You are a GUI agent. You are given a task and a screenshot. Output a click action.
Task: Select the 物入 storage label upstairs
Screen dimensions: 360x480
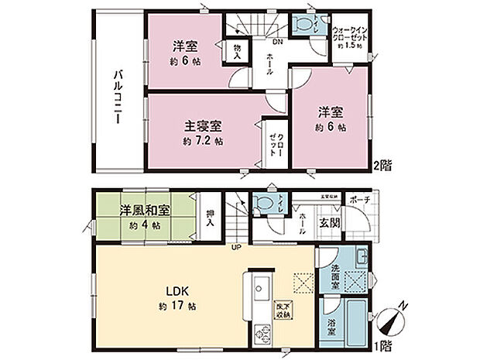pos(238,53)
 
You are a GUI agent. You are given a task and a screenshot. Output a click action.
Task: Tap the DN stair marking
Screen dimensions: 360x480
pos(276,43)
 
